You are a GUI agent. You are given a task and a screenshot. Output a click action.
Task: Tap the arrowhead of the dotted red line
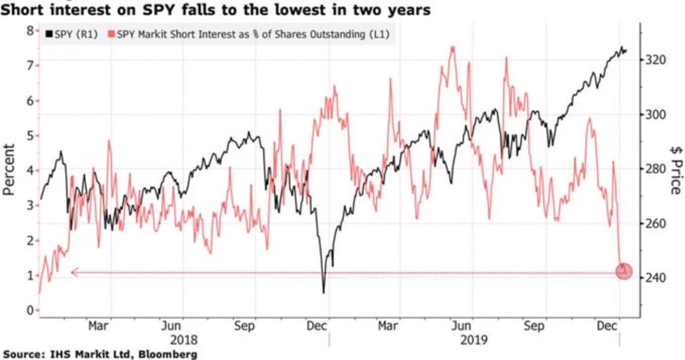(x=73, y=272)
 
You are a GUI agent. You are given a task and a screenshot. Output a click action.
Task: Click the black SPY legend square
(x=49, y=35)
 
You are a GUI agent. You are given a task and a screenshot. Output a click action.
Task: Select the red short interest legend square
(x=111, y=35)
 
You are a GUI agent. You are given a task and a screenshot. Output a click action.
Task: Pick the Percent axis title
(x=9, y=169)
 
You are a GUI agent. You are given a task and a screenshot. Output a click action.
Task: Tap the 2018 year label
(x=183, y=339)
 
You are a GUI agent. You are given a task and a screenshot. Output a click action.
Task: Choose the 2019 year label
(x=474, y=339)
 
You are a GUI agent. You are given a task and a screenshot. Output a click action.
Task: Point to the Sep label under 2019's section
(x=534, y=326)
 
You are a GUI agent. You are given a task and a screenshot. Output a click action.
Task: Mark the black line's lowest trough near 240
(x=324, y=292)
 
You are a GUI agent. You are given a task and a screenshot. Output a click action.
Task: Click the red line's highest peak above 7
(x=452, y=47)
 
